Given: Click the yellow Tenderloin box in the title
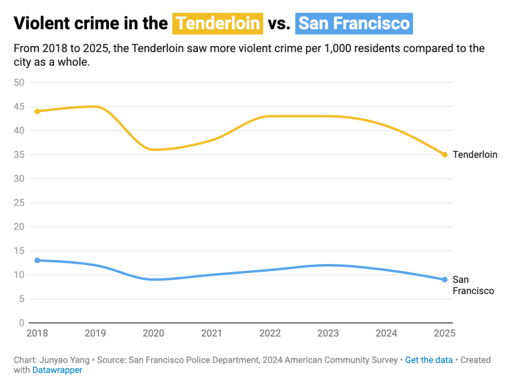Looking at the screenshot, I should click(x=217, y=23).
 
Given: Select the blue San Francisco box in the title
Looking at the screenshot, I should click(x=354, y=23).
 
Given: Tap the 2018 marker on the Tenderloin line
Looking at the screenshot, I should click(x=37, y=111).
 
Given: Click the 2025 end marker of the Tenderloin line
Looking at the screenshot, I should click(x=444, y=154).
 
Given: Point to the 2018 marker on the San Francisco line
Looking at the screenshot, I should click(x=37, y=260).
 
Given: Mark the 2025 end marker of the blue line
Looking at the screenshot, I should click(x=444, y=279).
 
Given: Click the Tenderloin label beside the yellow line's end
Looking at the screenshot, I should click(x=475, y=155).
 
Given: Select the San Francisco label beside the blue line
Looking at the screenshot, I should click(x=473, y=285).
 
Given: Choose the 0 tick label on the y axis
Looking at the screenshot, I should click(x=22, y=323).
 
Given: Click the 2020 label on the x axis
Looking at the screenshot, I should click(x=153, y=333).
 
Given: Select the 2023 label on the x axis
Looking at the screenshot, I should click(x=328, y=333).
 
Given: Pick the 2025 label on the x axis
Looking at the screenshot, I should click(x=444, y=333).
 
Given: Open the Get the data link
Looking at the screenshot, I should click(x=429, y=360).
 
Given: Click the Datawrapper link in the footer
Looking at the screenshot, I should click(x=57, y=370).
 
